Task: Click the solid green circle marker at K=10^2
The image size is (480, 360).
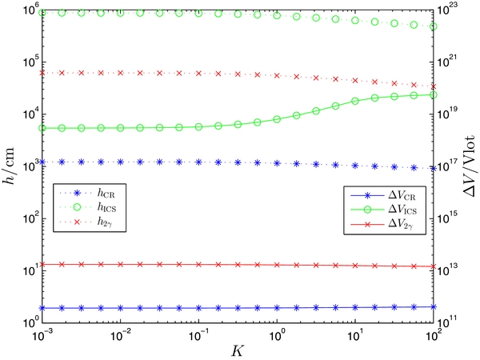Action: [433, 94]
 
